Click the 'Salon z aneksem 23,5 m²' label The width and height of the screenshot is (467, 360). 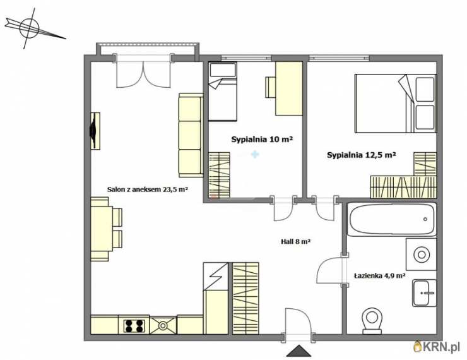[147, 189]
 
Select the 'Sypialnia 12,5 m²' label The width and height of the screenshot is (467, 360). [361, 155]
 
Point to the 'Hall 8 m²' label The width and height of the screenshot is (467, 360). [296, 242]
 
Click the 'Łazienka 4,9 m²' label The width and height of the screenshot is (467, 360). [379, 276]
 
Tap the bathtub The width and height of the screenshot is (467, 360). [392, 220]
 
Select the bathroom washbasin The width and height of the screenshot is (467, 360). [425, 293]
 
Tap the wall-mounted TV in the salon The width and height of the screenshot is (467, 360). [95, 131]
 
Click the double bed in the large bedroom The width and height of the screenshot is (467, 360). [396, 104]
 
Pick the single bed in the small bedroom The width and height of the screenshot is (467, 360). [223, 92]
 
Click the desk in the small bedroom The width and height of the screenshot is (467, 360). [288, 88]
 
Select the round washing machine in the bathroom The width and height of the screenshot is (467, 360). [421, 255]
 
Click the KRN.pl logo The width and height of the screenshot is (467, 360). [437, 346]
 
